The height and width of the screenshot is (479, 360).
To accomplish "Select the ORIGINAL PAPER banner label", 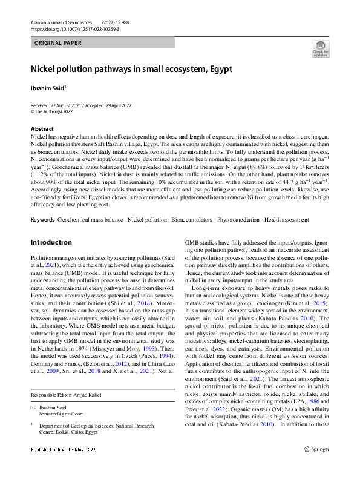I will pos(58,43).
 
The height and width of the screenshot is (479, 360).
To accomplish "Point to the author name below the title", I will pos(47,88).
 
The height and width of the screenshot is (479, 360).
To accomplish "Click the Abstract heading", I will pos(42,129).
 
